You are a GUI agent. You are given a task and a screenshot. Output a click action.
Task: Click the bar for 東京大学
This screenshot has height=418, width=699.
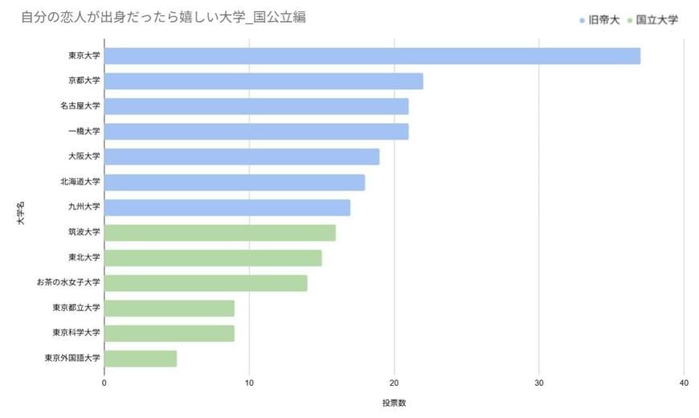coord(372,55)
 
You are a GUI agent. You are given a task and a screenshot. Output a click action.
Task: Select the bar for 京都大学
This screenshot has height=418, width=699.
coord(264,81)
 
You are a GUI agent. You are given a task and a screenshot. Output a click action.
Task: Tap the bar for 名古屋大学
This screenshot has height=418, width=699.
coord(256,106)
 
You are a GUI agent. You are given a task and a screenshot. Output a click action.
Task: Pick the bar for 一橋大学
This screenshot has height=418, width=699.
coord(256,131)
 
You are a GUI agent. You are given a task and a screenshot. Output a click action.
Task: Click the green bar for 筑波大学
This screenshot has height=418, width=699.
coord(220,233)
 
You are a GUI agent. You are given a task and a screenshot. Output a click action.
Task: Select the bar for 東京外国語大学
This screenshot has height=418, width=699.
coord(141,359)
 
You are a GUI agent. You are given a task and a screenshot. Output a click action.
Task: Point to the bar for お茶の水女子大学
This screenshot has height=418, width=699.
coord(206,283)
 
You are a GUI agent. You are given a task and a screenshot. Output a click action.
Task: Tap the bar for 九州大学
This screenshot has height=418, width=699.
coord(227,207)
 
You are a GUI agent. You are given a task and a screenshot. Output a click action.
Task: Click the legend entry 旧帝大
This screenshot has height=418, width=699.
coord(599,19)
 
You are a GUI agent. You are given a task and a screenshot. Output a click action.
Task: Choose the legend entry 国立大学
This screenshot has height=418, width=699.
coord(652,19)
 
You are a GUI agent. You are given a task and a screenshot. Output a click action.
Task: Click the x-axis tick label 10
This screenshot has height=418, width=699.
coord(249,383)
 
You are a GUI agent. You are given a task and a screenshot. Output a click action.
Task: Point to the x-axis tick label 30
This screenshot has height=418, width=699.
coord(539,383)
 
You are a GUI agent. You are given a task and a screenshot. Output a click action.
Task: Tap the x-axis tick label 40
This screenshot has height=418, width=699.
coord(684,383)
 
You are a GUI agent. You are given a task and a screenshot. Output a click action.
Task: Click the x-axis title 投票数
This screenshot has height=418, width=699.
coord(394,402)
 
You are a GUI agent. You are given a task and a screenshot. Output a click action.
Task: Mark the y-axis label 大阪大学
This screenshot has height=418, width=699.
coord(84,157)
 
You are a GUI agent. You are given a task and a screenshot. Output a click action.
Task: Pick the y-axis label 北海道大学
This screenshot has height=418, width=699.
coord(80,182)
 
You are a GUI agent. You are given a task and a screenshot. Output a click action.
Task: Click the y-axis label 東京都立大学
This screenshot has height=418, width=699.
coord(76,308)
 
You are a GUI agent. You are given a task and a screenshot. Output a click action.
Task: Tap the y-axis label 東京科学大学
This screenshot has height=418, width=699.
coord(76,333)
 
